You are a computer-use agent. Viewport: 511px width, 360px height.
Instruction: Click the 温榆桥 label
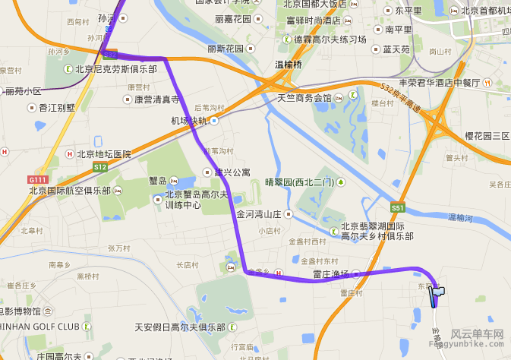click(288, 65)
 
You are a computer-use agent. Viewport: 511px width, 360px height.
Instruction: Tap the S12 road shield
click(100, 166)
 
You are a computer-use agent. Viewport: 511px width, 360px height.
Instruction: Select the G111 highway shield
click(37, 179)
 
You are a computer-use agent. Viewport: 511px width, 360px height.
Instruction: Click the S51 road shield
click(399, 207)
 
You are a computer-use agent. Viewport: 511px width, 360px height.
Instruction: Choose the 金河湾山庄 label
click(259, 214)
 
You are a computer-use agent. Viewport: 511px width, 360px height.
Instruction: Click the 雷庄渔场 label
click(330, 273)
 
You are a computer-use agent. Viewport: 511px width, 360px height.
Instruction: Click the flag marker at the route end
click(438, 293)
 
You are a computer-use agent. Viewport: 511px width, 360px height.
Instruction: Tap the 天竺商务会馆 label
click(304, 98)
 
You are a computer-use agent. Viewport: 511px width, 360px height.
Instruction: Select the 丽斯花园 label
click(225, 48)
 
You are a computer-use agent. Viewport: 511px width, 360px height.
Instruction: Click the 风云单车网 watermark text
click(478, 333)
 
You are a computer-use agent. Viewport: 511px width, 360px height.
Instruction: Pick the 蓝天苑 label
click(396, 49)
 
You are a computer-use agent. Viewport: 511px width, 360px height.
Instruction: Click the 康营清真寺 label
click(156, 99)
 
